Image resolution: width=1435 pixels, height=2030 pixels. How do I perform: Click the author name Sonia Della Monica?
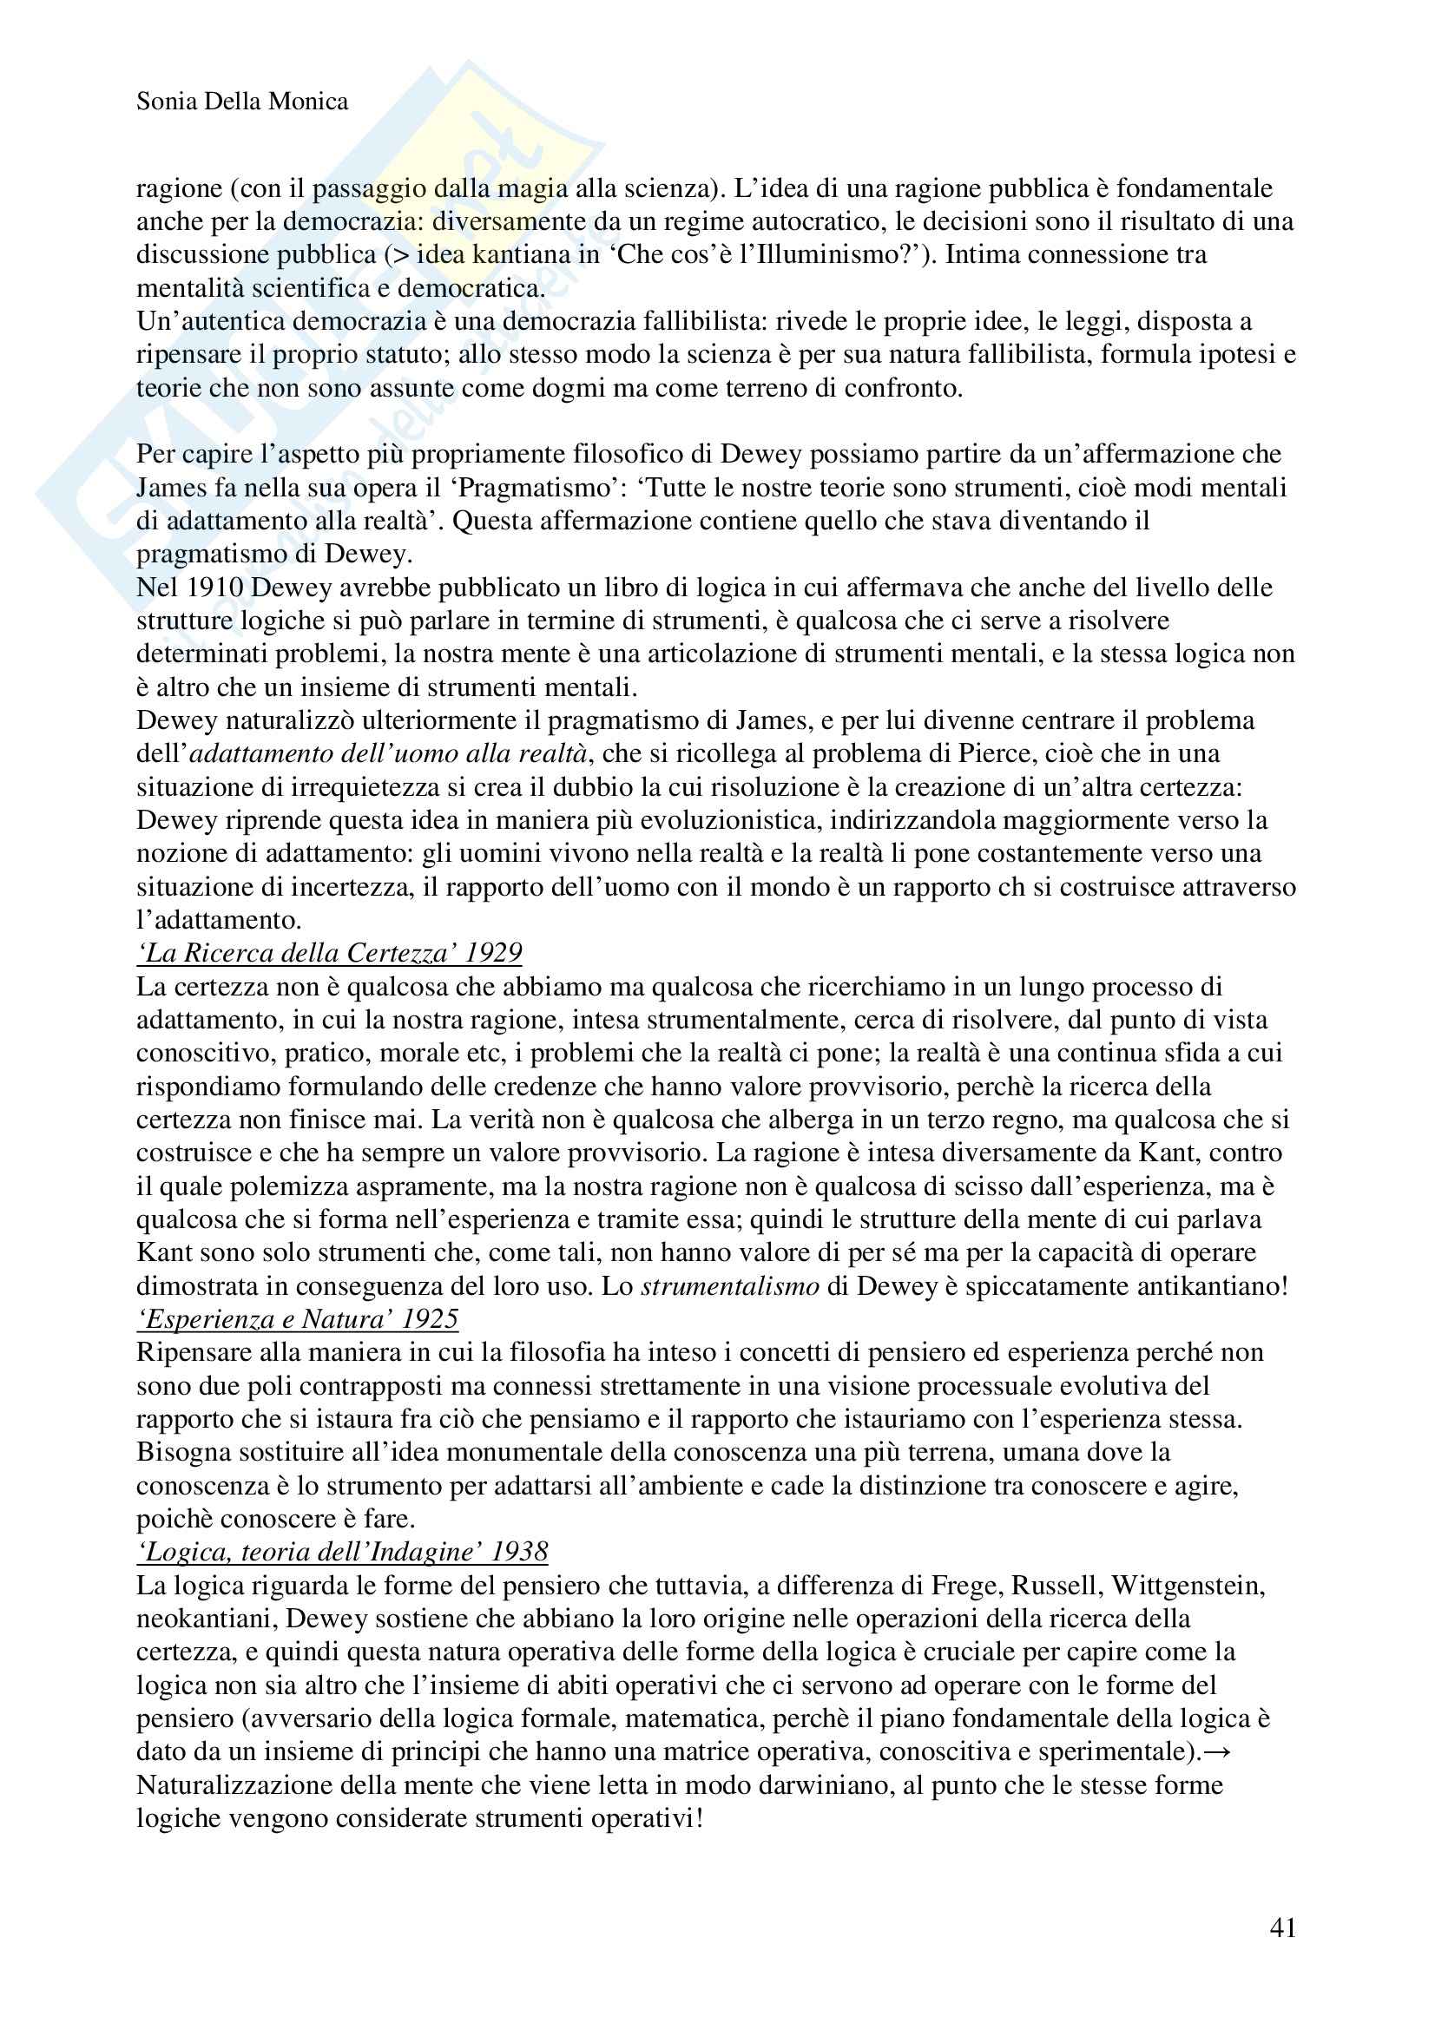(242, 102)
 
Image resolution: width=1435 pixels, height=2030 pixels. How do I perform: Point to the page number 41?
(1282, 1928)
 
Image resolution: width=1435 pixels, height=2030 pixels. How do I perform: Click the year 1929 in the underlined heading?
(493, 952)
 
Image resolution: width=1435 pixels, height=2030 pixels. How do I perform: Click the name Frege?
(971, 1587)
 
